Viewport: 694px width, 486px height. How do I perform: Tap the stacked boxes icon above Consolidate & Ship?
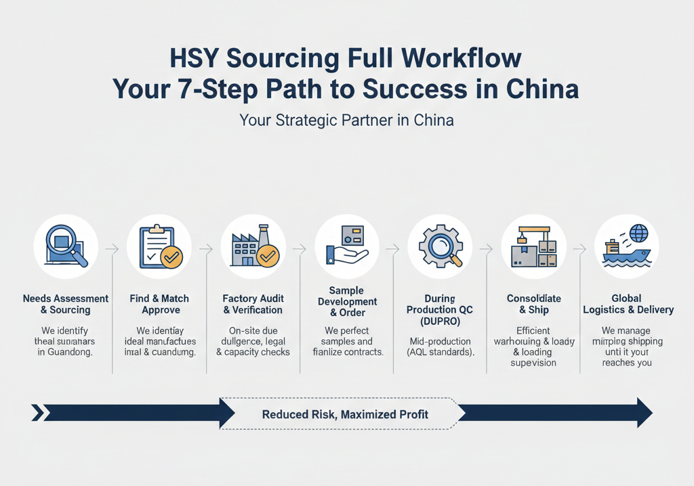pyautogui.click(x=533, y=248)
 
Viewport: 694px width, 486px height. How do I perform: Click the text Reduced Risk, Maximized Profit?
pyautogui.click(x=345, y=414)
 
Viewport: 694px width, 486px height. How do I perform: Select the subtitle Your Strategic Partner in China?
pyautogui.click(x=346, y=120)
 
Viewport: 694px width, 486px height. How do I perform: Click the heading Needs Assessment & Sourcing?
pyautogui.click(x=65, y=304)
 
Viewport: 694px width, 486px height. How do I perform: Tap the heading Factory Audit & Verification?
pyautogui.click(x=253, y=304)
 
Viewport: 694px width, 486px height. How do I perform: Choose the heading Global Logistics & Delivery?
pyautogui.click(x=628, y=304)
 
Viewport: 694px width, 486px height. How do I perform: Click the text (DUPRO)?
pyautogui.click(x=440, y=320)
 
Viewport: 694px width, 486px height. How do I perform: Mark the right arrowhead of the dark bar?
pyautogui.click(x=643, y=413)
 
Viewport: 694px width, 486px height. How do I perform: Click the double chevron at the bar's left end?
pyautogui.click(x=38, y=413)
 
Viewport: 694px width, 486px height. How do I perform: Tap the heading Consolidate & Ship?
pyautogui.click(x=533, y=304)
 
